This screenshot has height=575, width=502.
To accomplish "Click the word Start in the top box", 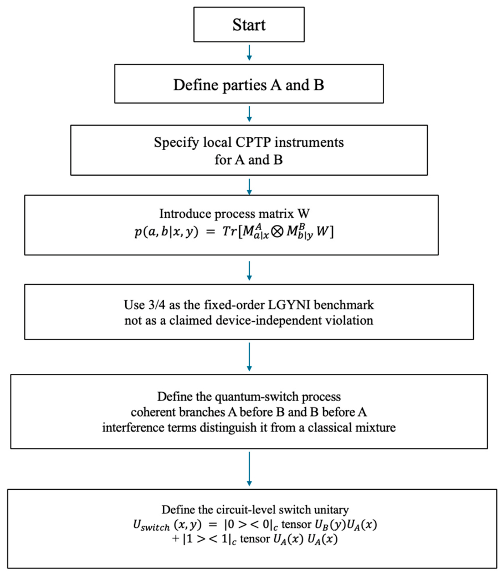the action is pyautogui.click(x=249, y=25).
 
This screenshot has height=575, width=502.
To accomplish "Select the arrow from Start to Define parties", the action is pyautogui.click(x=249, y=53).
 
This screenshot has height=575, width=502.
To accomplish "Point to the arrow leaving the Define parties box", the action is pyautogui.click(x=249, y=114).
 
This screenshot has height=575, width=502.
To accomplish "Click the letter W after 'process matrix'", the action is pyautogui.click(x=303, y=213).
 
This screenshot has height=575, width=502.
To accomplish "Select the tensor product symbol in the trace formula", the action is pyautogui.click(x=278, y=232).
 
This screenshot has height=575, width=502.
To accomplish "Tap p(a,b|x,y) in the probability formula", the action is pyautogui.click(x=166, y=232).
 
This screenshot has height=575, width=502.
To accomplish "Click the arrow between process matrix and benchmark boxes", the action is pyautogui.click(x=249, y=271).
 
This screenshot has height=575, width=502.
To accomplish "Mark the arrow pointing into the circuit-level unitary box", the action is pyautogui.click(x=249, y=469).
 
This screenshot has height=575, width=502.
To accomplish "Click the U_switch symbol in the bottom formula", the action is pyautogui.click(x=151, y=526).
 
